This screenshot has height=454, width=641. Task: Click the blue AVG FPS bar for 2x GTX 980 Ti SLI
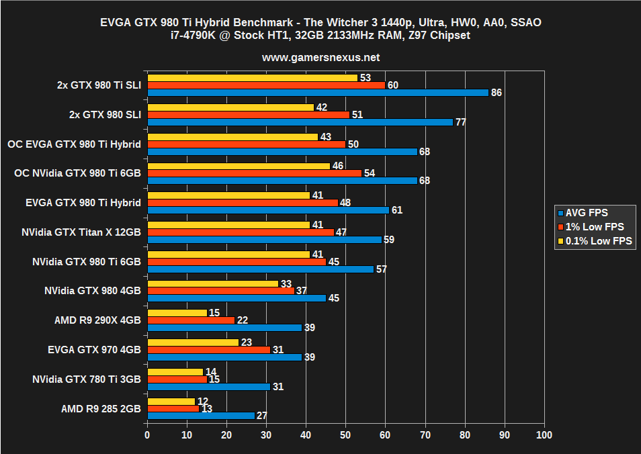tap(317, 93)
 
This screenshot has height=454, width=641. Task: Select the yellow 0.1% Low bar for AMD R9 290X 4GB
tap(177, 312)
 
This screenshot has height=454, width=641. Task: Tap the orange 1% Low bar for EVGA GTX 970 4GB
tap(208, 349)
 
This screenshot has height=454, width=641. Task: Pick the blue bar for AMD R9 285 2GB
tap(200, 415)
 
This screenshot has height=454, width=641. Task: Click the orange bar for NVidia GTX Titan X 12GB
tap(240, 232)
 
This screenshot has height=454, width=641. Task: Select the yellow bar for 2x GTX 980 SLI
tap(230, 107)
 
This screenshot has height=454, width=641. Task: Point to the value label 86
tap(496, 93)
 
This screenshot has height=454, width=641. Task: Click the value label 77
tap(460, 122)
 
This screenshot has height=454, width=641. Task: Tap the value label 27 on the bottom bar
tap(262, 415)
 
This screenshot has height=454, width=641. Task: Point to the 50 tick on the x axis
tap(345, 435)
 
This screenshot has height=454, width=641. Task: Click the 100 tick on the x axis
tap(544, 435)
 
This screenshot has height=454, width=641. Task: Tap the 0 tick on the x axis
tap(147, 435)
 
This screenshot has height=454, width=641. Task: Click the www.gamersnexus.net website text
tap(320, 58)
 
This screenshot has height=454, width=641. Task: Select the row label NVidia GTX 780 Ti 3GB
tap(86, 379)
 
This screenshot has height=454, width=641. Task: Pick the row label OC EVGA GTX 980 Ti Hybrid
tap(74, 144)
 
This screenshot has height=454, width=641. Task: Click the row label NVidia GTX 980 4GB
tap(92, 291)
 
